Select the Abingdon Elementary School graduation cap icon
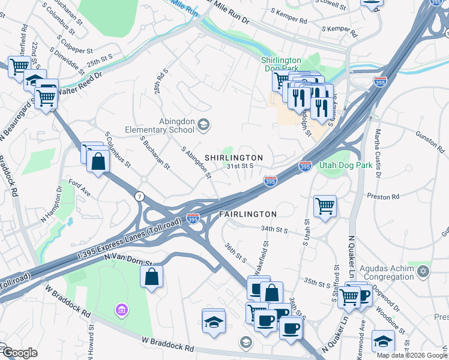coord(203,124)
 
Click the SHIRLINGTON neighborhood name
coord(234,157)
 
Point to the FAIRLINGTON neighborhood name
coord(247,214)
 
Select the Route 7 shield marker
coord(140,197)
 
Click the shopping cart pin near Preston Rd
coord(325,206)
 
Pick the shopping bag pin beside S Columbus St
coord(97,160)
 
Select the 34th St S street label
coord(275,229)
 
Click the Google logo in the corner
coord(20,353)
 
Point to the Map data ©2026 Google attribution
coord(411,355)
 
